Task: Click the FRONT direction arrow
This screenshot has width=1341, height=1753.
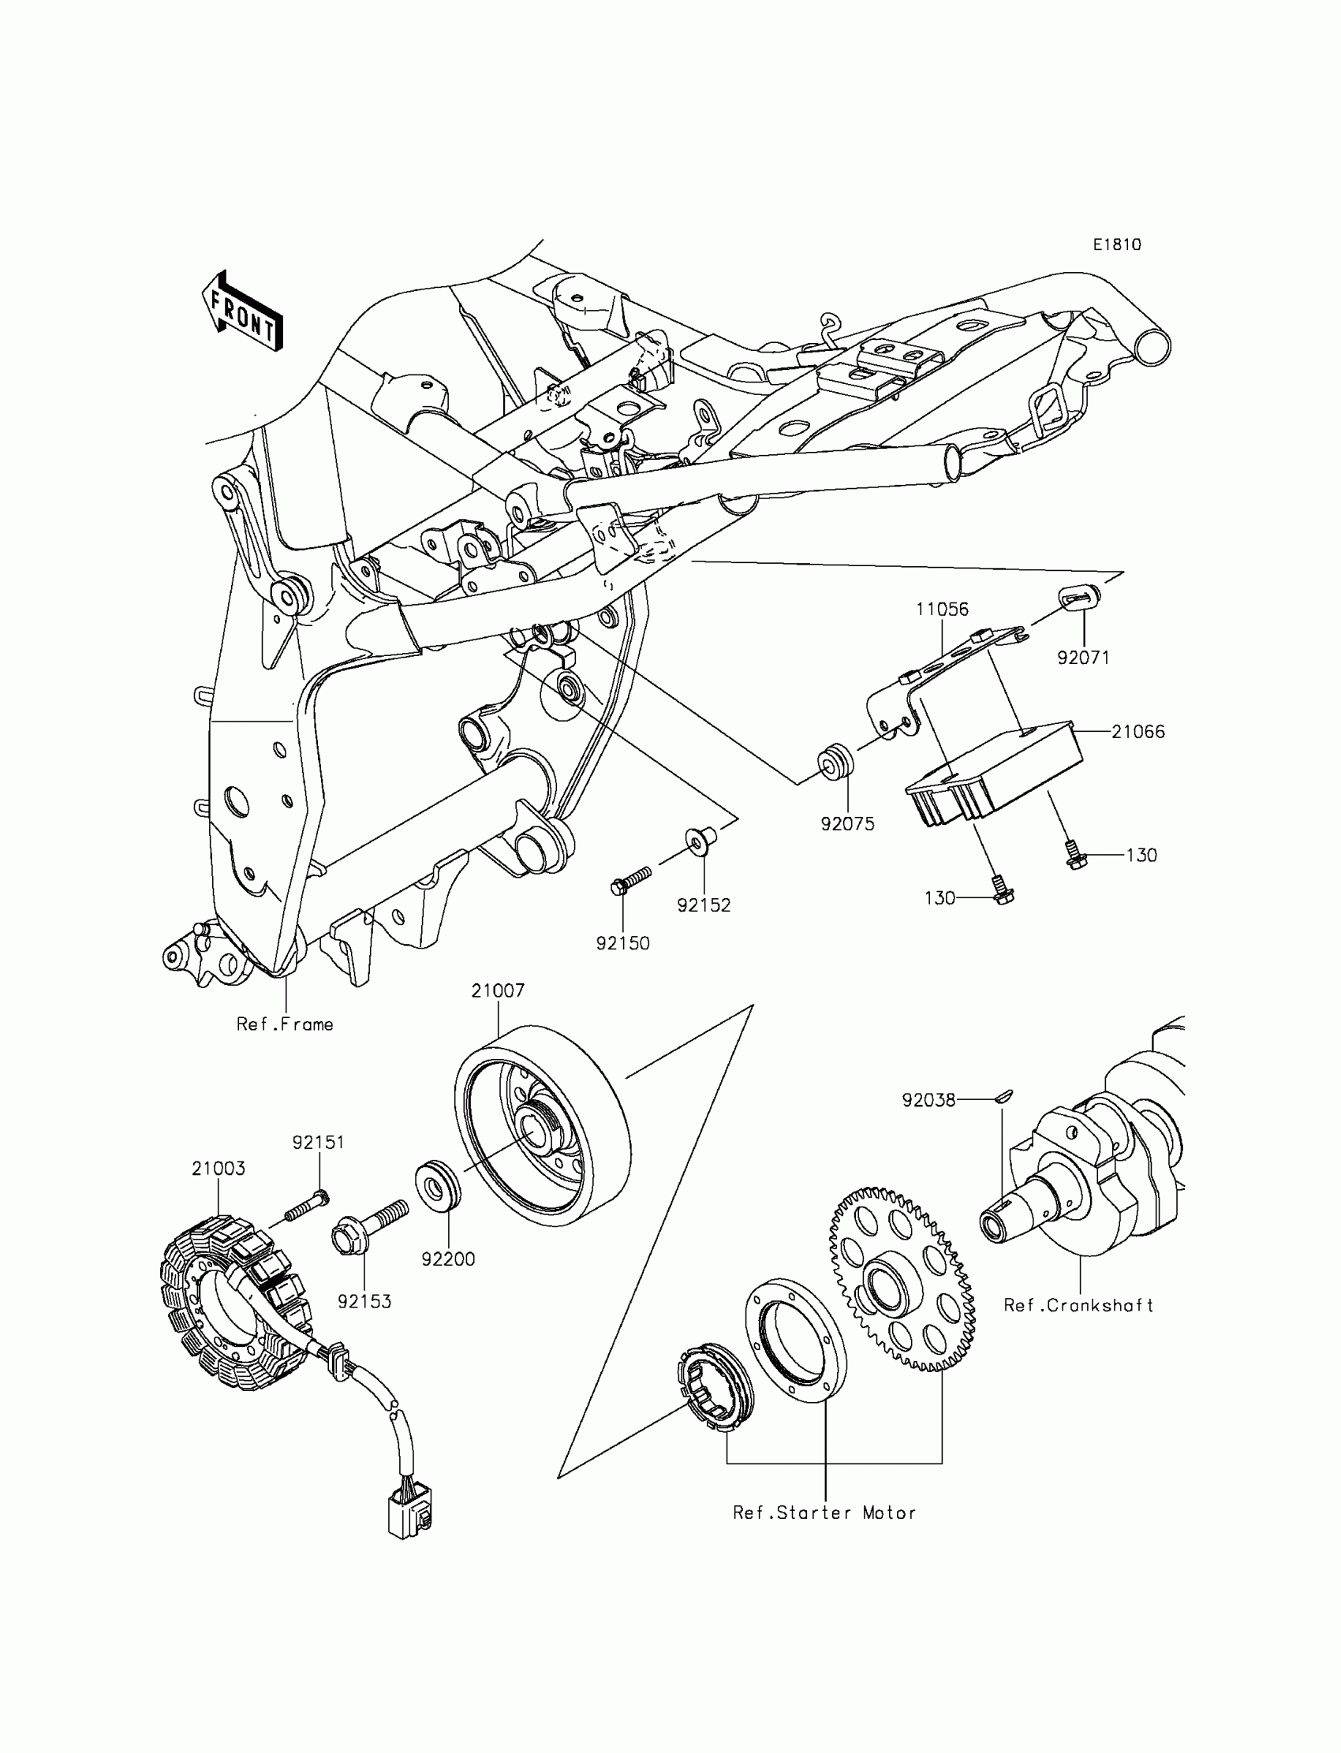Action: tap(242, 313)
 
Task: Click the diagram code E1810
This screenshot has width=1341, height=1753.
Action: tap(1117, 245)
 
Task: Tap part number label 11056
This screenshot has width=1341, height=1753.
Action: tap(942, 610)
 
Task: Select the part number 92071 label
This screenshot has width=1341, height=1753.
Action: tap(1083, 658)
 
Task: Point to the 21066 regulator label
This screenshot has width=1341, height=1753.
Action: tap(1137, 732)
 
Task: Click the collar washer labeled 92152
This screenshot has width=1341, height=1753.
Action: tap(697, 841)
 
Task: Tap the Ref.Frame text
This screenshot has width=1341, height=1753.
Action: tap(285, 1024)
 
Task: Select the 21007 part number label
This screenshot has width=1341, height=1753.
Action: tap(498, 990)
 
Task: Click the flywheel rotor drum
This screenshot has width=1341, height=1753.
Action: tap(543, 1125)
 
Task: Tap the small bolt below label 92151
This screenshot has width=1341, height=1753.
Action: tap(308, 1208)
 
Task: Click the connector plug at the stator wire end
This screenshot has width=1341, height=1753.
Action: tap(409, 1514)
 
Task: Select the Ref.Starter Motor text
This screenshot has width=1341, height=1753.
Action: tap(824, 1512)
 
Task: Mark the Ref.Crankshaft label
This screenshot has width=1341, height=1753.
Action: tap(1078, 1305)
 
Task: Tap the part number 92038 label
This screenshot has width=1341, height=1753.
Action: tap(928, 1100)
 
